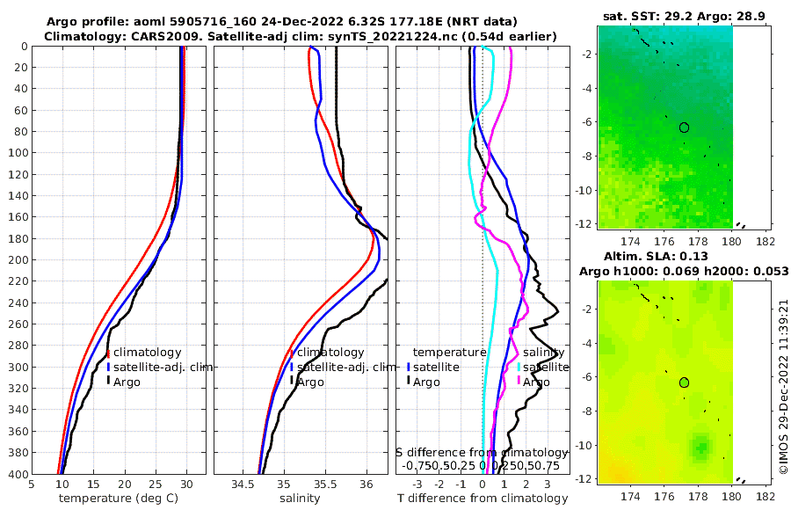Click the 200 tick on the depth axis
[x=17, y=259]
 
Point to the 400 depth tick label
[x=17, y=473]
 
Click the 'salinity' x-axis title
[x=299, y=499]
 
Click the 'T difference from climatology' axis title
[x=483, y=499]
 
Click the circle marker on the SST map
[x=684, y=127]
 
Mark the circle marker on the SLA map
[x=684, y=382]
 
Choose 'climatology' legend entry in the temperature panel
[x=147, y=353]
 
